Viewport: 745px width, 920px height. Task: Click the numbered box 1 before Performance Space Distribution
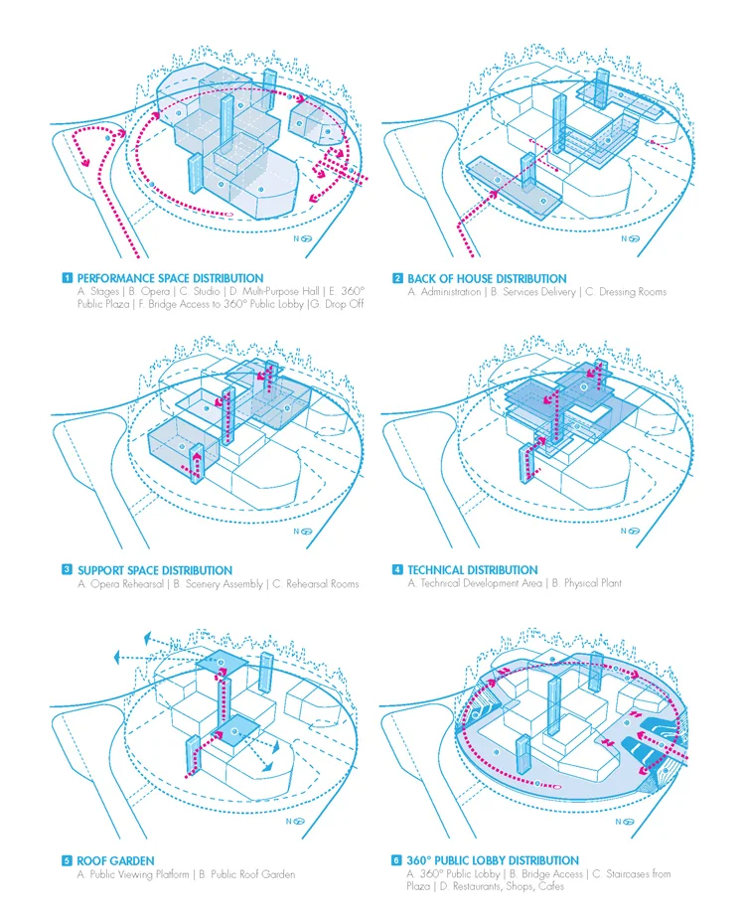(67, 279)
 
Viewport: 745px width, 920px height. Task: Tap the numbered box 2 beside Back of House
(397, 279)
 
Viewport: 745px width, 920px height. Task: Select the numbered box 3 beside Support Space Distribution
(67, 570)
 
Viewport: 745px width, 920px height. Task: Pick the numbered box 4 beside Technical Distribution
(397, 570)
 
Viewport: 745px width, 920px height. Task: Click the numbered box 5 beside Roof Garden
(67, 861)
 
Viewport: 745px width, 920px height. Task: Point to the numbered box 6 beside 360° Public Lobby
(397, 861)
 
